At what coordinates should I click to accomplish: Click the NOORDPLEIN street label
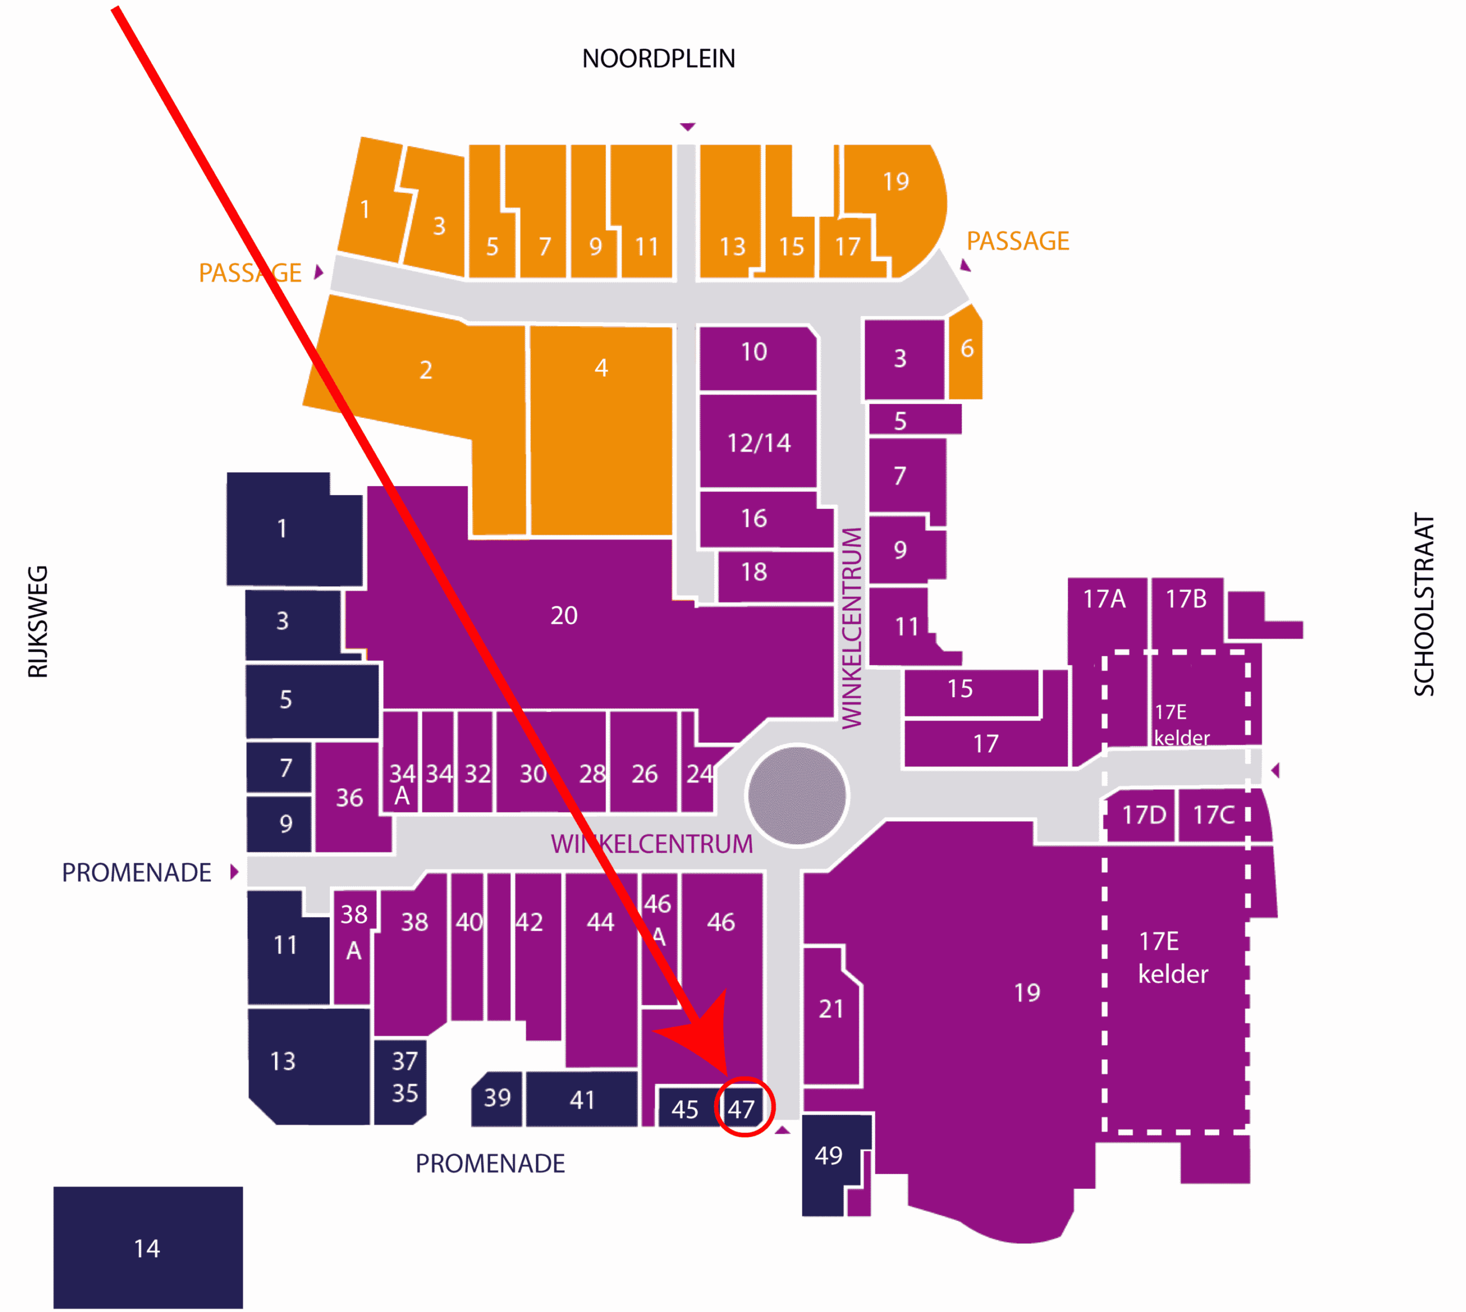pos(659,58)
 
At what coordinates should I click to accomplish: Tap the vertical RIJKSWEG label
pos(37,622)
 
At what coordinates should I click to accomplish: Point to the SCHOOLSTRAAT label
pos(1424,604)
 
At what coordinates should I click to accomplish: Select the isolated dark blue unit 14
pos(148,1248)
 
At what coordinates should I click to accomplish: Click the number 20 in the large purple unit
pos(564,615)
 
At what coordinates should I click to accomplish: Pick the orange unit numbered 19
pos(896,181)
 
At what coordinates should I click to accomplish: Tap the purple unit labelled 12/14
pos(759,442)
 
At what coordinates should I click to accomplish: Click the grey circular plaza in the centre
pos(797,796)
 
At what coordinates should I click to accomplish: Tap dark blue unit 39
pos(497,1098)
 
